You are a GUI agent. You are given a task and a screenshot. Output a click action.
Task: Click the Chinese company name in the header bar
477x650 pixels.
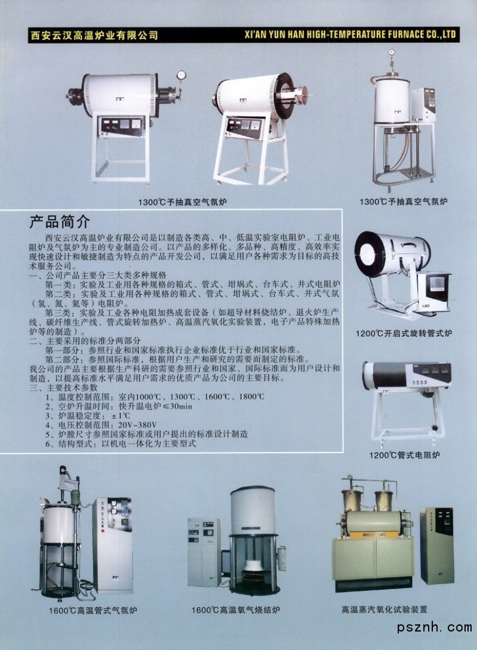[x=94, y=35]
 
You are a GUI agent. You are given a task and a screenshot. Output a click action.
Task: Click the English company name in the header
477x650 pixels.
[x=350, y=35]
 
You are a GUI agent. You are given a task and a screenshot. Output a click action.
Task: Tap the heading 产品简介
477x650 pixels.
[x=59, y=222]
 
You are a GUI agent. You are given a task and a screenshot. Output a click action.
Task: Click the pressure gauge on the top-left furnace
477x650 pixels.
[x=181, y=75]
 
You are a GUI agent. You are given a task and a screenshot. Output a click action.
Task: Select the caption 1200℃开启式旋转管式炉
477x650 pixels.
[x=404, y=333]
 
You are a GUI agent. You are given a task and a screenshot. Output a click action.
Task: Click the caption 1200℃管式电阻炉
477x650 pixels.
[x=404, y=455]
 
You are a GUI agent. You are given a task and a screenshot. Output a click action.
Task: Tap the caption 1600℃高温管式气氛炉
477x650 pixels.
[x=93, y=610]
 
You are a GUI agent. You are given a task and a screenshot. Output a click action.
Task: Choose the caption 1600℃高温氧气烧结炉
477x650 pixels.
[x=236, y=610]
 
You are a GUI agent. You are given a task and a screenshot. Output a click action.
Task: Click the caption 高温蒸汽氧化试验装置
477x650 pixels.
[x=384, y=609]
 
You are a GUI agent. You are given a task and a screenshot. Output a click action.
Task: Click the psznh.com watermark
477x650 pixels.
[x=434, y=627]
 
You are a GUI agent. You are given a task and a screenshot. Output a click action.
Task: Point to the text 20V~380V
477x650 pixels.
[x=137, y=425]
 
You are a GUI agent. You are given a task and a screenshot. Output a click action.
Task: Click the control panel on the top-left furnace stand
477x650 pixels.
[x=122, y=126]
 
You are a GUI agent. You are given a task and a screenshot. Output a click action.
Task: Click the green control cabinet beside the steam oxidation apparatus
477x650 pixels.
[x=437, y=545]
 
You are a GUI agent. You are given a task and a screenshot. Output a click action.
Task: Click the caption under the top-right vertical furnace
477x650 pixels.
[x=403, y=202]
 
